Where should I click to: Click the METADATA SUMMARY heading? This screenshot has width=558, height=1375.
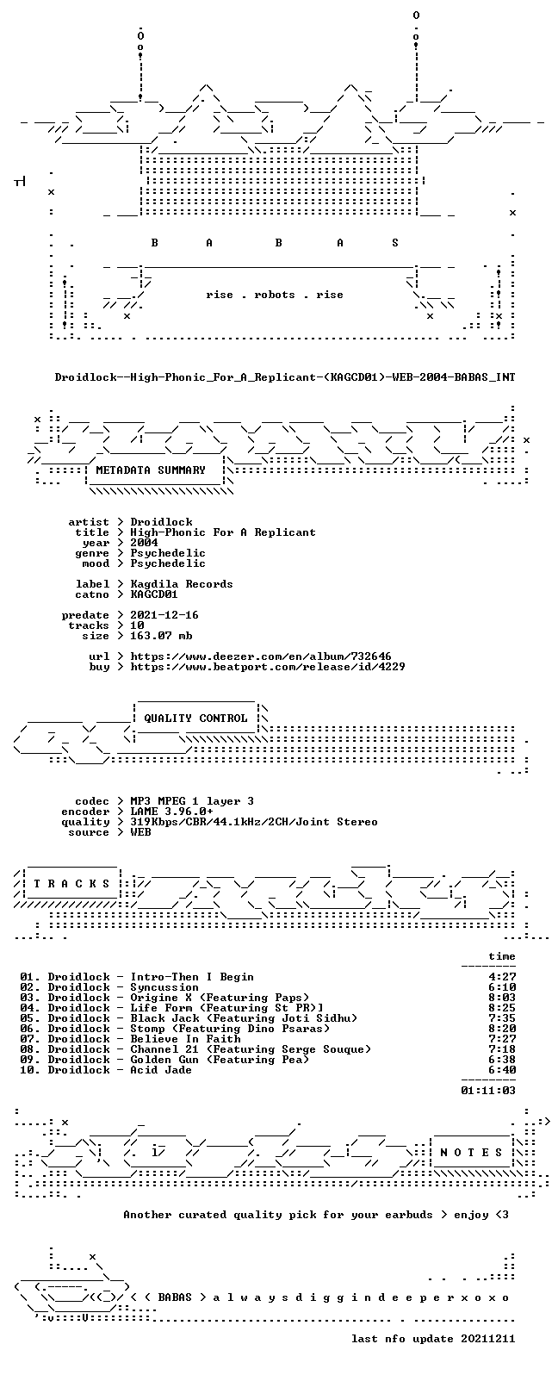pyautogui.click(x=151, y=470)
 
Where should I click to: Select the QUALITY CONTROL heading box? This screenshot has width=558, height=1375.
pyautogui.click(x=195, y=719)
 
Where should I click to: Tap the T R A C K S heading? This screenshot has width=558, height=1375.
pyautogui.click(x=71, y=884)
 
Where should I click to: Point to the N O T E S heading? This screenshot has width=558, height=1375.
pyautogui.click(x=471, y=1153)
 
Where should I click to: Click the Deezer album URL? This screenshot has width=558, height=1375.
pyautogui.click(x=261, y=656)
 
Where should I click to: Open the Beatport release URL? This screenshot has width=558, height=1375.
pyautogui.click(x=268, y=667)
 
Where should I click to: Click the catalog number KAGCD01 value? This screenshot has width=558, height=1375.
pyautogui.click(x=154, y=594)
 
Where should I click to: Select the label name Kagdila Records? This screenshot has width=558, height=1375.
pyautogui.click(x=182, y=584)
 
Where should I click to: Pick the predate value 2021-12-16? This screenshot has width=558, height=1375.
pyautogui.click(x=164, y=615)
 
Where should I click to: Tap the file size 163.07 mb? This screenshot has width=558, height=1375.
pyautogui.click(x=161, y=636)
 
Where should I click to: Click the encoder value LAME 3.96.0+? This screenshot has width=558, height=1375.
pyautogui.click(x=171, y=812)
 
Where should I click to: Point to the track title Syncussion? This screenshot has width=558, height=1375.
pyautogui.click(x=164, y=987)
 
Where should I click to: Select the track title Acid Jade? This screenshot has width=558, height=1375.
pyautogui.click(x=161, y=1070)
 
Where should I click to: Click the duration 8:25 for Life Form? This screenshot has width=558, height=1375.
pyautogui.click(x=502, y=1008)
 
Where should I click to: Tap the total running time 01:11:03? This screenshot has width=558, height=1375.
pyautogui.click(x=488, y=1091)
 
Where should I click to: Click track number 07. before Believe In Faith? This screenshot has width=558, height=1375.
pyautogui.click(x=30, y=1039)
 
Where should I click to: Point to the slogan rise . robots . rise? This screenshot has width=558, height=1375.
pyautogui.click(x=275, y=295)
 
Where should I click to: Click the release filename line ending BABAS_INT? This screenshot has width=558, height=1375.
pyautogui.click(x=285, y=377)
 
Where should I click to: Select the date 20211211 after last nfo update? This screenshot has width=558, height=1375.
pyautogui.click(x=488, y=1339)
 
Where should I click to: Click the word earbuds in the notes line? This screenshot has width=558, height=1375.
pyautogui.click(x=409, y=1215)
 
